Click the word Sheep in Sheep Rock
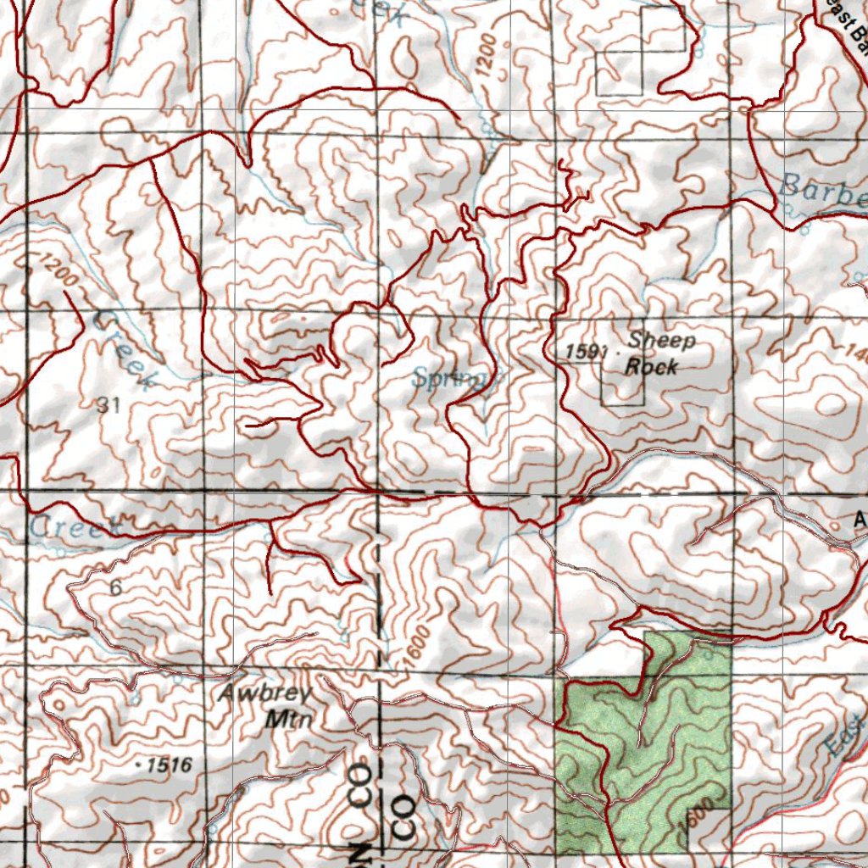coord(662,341)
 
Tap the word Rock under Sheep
coord(651,366)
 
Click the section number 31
coord(108,406)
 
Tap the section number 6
coord(115,587)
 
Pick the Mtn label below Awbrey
coord(289,720)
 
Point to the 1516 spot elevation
coord(168,765)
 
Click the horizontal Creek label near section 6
coord(75,527)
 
